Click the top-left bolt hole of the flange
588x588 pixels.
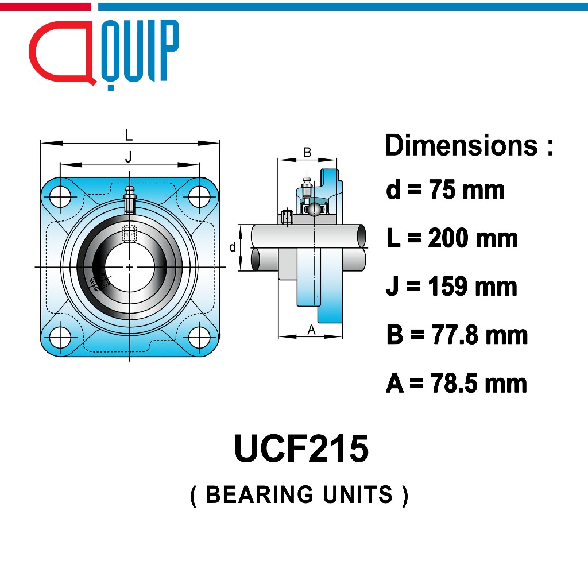(60, 196)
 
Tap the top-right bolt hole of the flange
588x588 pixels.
(199, 196)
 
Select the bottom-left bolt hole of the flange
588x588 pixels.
(60, 337)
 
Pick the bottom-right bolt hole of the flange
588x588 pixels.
(199, 337)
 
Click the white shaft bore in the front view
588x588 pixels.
(130, 267)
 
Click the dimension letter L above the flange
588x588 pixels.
(129, 134)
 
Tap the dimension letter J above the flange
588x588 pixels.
(129, 156)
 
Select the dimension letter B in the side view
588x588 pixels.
(307, 152)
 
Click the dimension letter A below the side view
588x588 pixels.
(311, 330)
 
